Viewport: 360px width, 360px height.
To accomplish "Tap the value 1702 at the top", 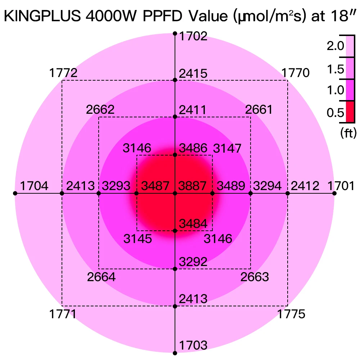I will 194,36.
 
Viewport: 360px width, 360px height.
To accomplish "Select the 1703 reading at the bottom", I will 194,345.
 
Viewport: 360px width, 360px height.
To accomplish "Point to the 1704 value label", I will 34,186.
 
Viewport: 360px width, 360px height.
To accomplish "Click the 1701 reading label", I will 342,186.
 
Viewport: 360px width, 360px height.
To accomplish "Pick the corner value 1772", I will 63,73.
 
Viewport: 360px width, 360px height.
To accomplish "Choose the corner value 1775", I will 291,314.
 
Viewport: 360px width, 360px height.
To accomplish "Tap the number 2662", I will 100,109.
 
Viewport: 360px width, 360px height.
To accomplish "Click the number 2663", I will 255,277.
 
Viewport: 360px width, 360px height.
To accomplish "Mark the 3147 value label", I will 227,148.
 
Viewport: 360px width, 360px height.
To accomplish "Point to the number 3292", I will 194,262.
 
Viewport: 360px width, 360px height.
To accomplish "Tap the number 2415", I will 194,74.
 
